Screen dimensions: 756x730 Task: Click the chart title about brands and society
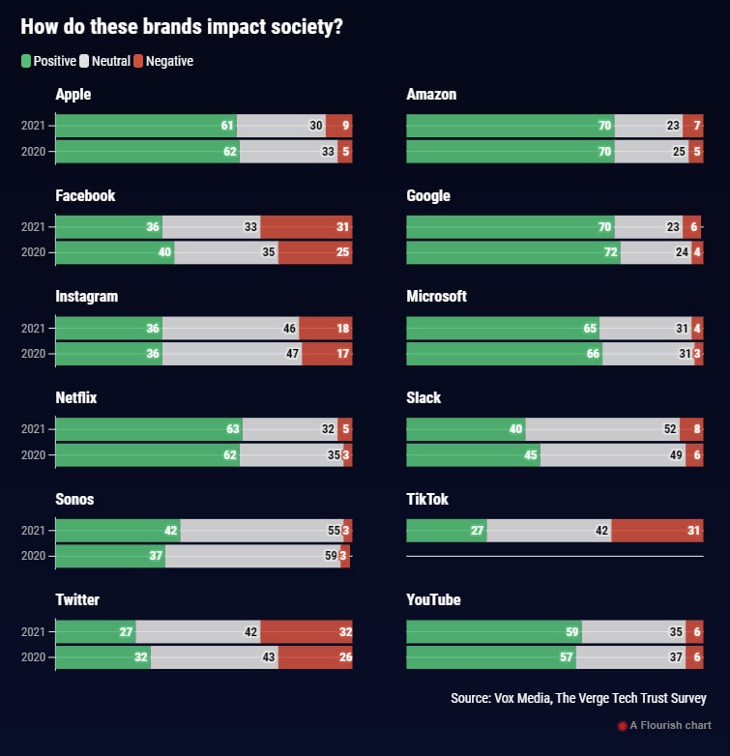point(182,27)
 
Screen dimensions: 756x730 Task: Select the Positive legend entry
point(48,61)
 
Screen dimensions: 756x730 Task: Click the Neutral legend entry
point(104,61)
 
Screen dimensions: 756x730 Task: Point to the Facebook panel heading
point(85,195)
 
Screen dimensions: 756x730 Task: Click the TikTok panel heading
point(427,499)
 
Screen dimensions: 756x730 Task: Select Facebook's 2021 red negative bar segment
point(306,226)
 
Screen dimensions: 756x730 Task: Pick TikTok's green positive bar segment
point(446,530)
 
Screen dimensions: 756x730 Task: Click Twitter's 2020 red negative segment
point(315,657)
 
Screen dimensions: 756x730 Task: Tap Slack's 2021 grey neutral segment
point(601,428)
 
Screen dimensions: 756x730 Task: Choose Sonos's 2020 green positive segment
point(109,556)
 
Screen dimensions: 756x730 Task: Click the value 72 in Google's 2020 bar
point(609,252)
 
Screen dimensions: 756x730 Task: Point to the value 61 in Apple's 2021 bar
point(227,126)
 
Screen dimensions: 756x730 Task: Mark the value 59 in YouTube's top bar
point(571,631)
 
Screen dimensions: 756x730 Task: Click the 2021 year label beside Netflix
point(33,429)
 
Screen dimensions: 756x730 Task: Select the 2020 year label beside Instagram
point(33,354)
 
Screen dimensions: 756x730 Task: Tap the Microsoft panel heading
point(436,296)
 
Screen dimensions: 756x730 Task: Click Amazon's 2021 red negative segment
point(692,126)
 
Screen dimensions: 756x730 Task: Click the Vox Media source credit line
point(578,698)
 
